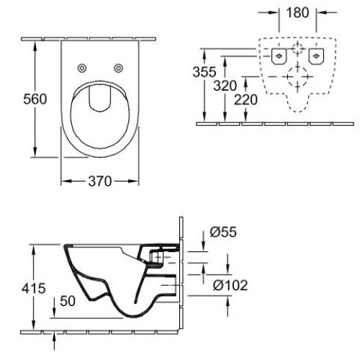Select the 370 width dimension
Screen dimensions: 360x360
click(100, 181)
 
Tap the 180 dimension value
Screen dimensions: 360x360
click(297, 13)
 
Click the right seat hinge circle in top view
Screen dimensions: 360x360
click(117, 68)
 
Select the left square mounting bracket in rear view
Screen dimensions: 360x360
click(277, 54)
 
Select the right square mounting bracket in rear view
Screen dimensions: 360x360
click(315, 54)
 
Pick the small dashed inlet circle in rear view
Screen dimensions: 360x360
click(297, 50)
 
